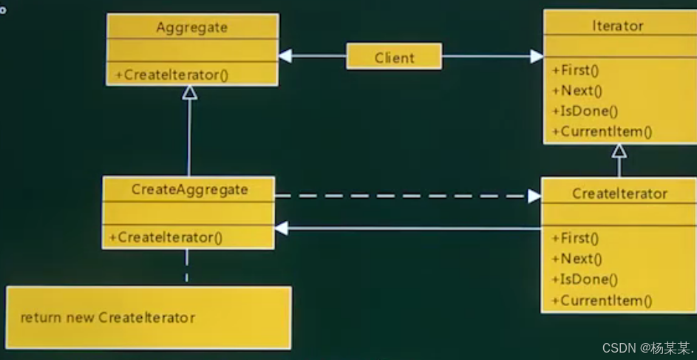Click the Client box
pos(394,57)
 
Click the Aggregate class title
pos(191,27)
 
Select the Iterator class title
pos(618,26)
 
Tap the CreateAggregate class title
pos(189,189)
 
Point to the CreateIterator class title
pos(619,194)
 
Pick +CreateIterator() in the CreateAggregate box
pos(166,237)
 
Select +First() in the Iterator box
pos(576,70)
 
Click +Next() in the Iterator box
pos(577,91)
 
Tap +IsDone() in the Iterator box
pos(585,112)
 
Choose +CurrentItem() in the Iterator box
pos(602,132)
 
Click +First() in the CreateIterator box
pos(576,238)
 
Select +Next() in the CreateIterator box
pos(577,259)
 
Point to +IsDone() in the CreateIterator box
pos(585,279)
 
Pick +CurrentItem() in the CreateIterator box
pos(602,300)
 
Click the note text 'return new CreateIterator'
pos(108,318)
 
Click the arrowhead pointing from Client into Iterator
pos(536,56)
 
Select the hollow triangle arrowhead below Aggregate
pos(190,92)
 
